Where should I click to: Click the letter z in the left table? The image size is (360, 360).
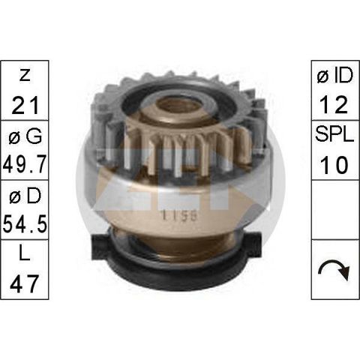25,75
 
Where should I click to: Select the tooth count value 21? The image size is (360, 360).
25,105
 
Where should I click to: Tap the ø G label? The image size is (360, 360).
25,136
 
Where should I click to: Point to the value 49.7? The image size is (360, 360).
25,164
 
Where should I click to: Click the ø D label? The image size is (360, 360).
25,196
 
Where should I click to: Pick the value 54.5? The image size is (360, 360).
25,224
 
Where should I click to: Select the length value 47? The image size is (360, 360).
25,283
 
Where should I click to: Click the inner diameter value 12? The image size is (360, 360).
334,105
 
